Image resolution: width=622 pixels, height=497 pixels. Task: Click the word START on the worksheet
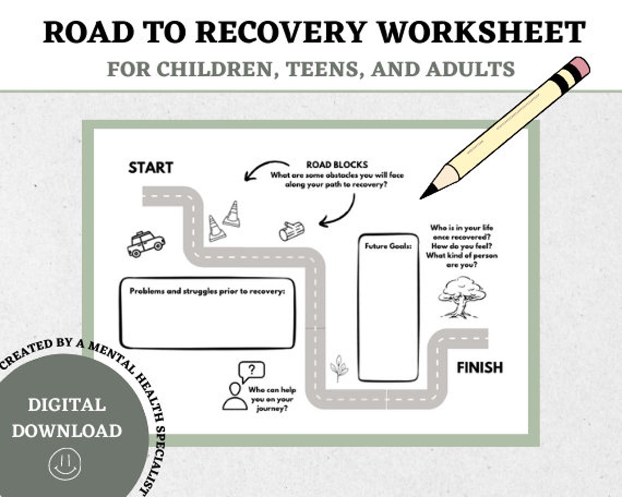click(x=151, y=167)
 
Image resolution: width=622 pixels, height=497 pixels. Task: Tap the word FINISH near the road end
click(x=480, y=368)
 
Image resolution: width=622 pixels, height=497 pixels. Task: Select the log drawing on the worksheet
click(x=291, y=231)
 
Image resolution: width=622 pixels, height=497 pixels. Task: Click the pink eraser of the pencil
click(x=580, y=67)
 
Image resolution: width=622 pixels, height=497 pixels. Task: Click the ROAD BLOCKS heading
click(x=337, y=165)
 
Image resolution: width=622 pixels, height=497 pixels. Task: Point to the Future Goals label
click(x=387, y=246)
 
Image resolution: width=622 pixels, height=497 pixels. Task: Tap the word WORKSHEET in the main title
click(x=481, y=32)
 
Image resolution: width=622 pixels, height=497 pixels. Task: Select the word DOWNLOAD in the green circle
click(x=67, y=431)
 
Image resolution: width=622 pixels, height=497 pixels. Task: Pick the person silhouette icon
click(x=235, y=396)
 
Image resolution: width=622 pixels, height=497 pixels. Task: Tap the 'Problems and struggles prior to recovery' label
click(x=207, y=291)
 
